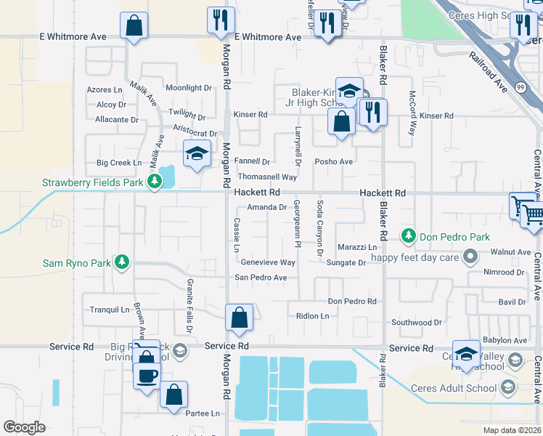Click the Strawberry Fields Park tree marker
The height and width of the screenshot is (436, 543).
(153, 182)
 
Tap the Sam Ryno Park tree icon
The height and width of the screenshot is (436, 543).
(122, 262)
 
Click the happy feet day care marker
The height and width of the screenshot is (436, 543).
(470, 256)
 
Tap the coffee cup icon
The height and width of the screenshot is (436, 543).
(147, 376)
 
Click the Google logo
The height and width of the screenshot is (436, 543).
(24, 427)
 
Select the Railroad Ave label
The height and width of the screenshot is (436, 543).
(488, 70)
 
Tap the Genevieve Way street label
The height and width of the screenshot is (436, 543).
(268, 262)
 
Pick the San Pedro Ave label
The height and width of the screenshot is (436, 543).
(260, 278)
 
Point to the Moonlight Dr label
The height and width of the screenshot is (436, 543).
(188, 88)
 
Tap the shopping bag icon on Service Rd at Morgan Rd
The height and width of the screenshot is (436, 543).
(240, 318)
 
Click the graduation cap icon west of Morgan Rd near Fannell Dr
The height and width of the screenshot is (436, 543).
(196, 154)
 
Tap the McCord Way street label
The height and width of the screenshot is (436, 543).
(412, 114)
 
